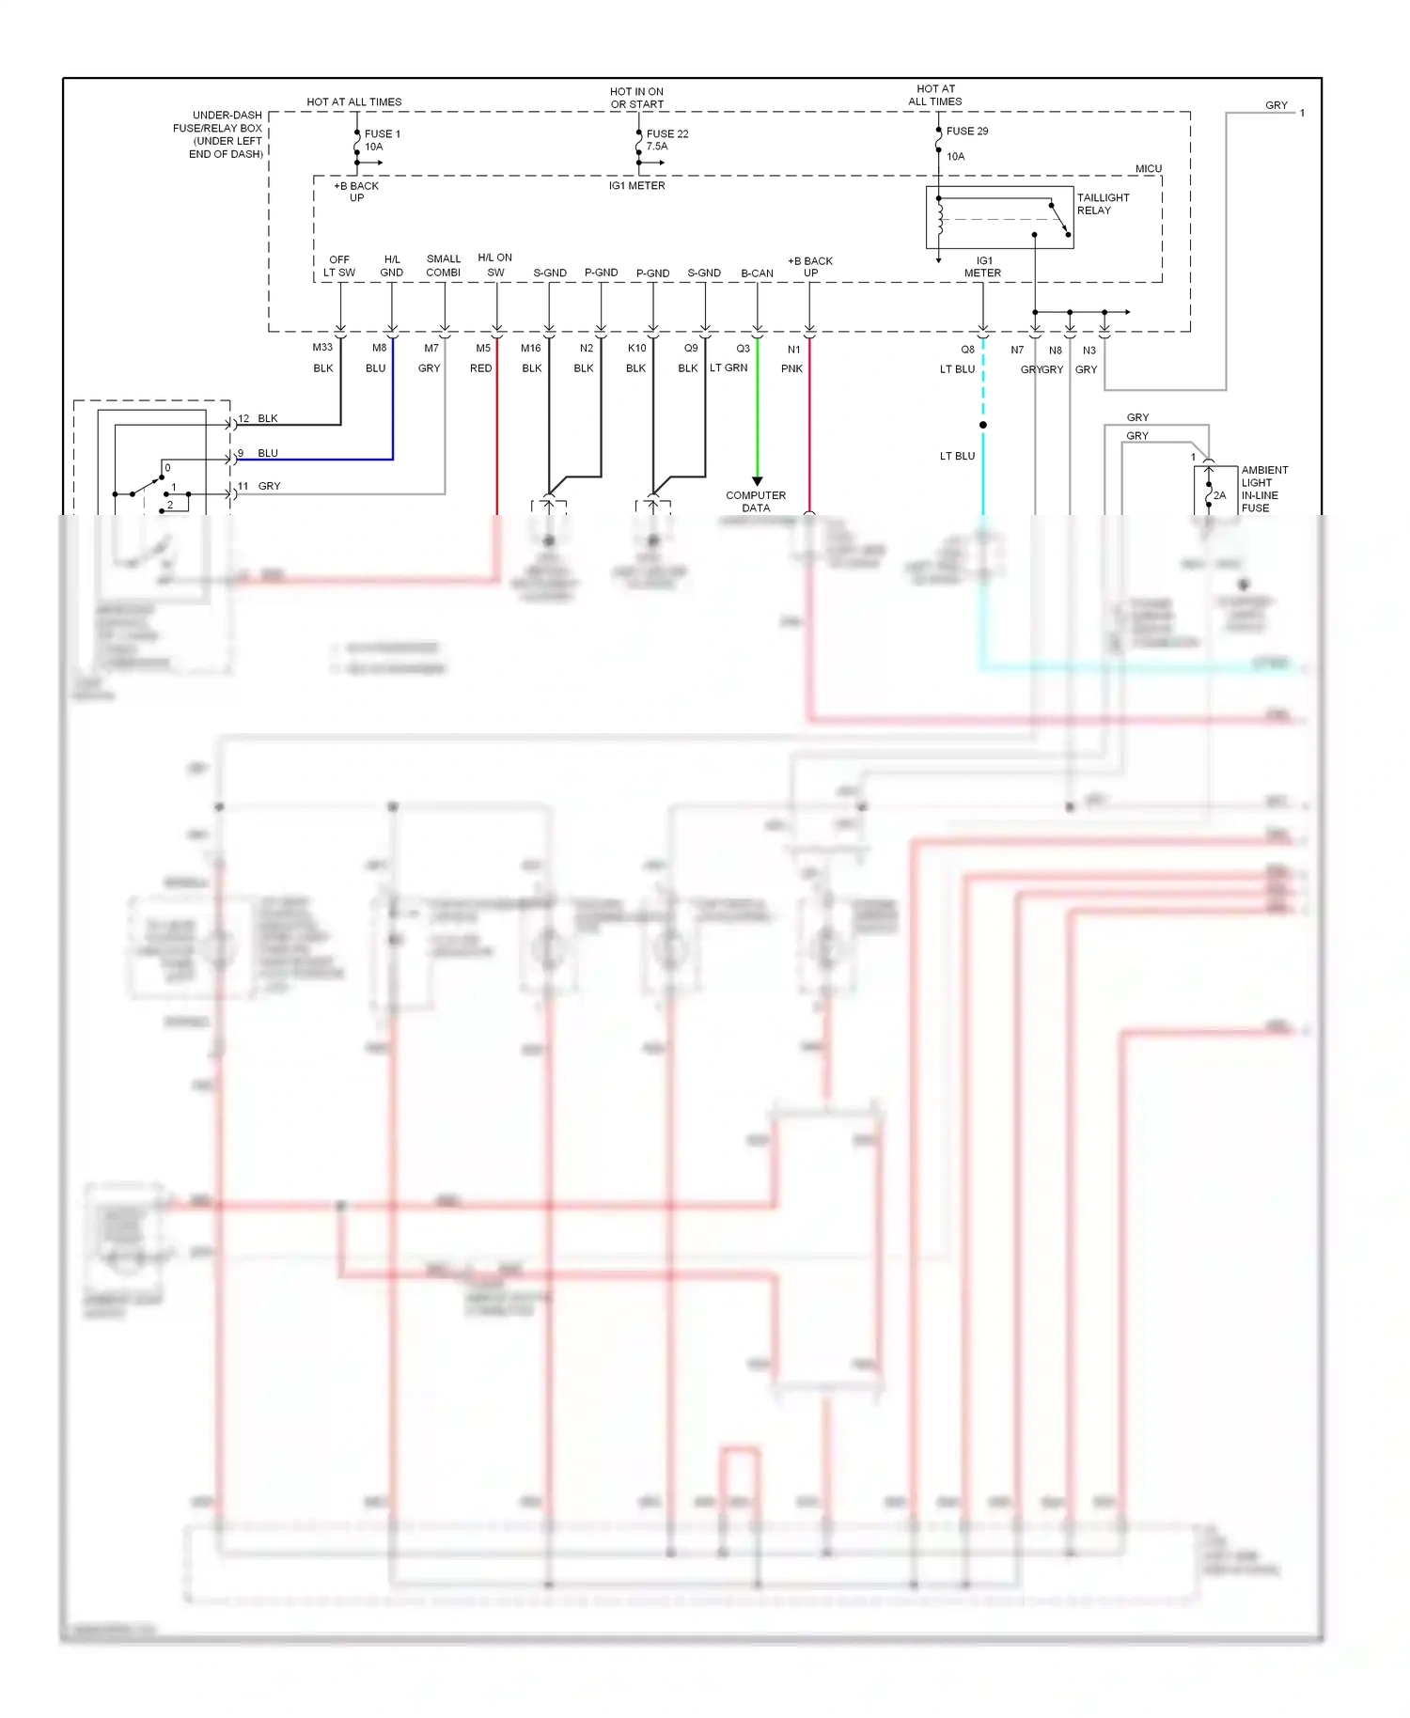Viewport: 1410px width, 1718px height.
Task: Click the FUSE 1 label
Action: click(382, 134)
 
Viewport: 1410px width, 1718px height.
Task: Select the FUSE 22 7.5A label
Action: click(666, 140)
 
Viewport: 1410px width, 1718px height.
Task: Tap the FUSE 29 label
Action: click(966, 132)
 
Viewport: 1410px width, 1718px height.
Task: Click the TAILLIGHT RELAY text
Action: click(1102, 204)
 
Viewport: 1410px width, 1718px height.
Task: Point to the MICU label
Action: click(1148, 169)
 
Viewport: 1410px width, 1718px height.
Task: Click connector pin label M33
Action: click(322, 348)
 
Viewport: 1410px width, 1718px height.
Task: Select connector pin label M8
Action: click(379, 348)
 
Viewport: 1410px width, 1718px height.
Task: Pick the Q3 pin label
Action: click(743, 349)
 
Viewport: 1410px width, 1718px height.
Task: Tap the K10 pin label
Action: click(636, 348)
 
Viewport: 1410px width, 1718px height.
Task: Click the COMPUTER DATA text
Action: click(756, 501)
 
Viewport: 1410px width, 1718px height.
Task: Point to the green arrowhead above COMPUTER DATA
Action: click(757, 481)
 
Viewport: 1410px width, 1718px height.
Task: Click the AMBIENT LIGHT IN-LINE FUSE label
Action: click(1263, 489)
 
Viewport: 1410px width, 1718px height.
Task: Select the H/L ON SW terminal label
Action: click(495, 265)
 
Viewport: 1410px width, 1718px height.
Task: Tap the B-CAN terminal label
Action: click(757, 273)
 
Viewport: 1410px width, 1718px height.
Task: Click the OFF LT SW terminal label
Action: click(339, 266)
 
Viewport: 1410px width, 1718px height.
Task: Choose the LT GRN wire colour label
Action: click(728, 367)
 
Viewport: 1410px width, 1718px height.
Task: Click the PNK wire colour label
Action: click(791, 368)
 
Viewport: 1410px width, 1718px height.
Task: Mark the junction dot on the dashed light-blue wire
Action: click(983, 425)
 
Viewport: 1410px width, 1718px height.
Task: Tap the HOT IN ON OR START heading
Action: click(636, 98)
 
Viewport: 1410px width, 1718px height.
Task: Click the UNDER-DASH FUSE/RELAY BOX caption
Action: click(218, 134)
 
